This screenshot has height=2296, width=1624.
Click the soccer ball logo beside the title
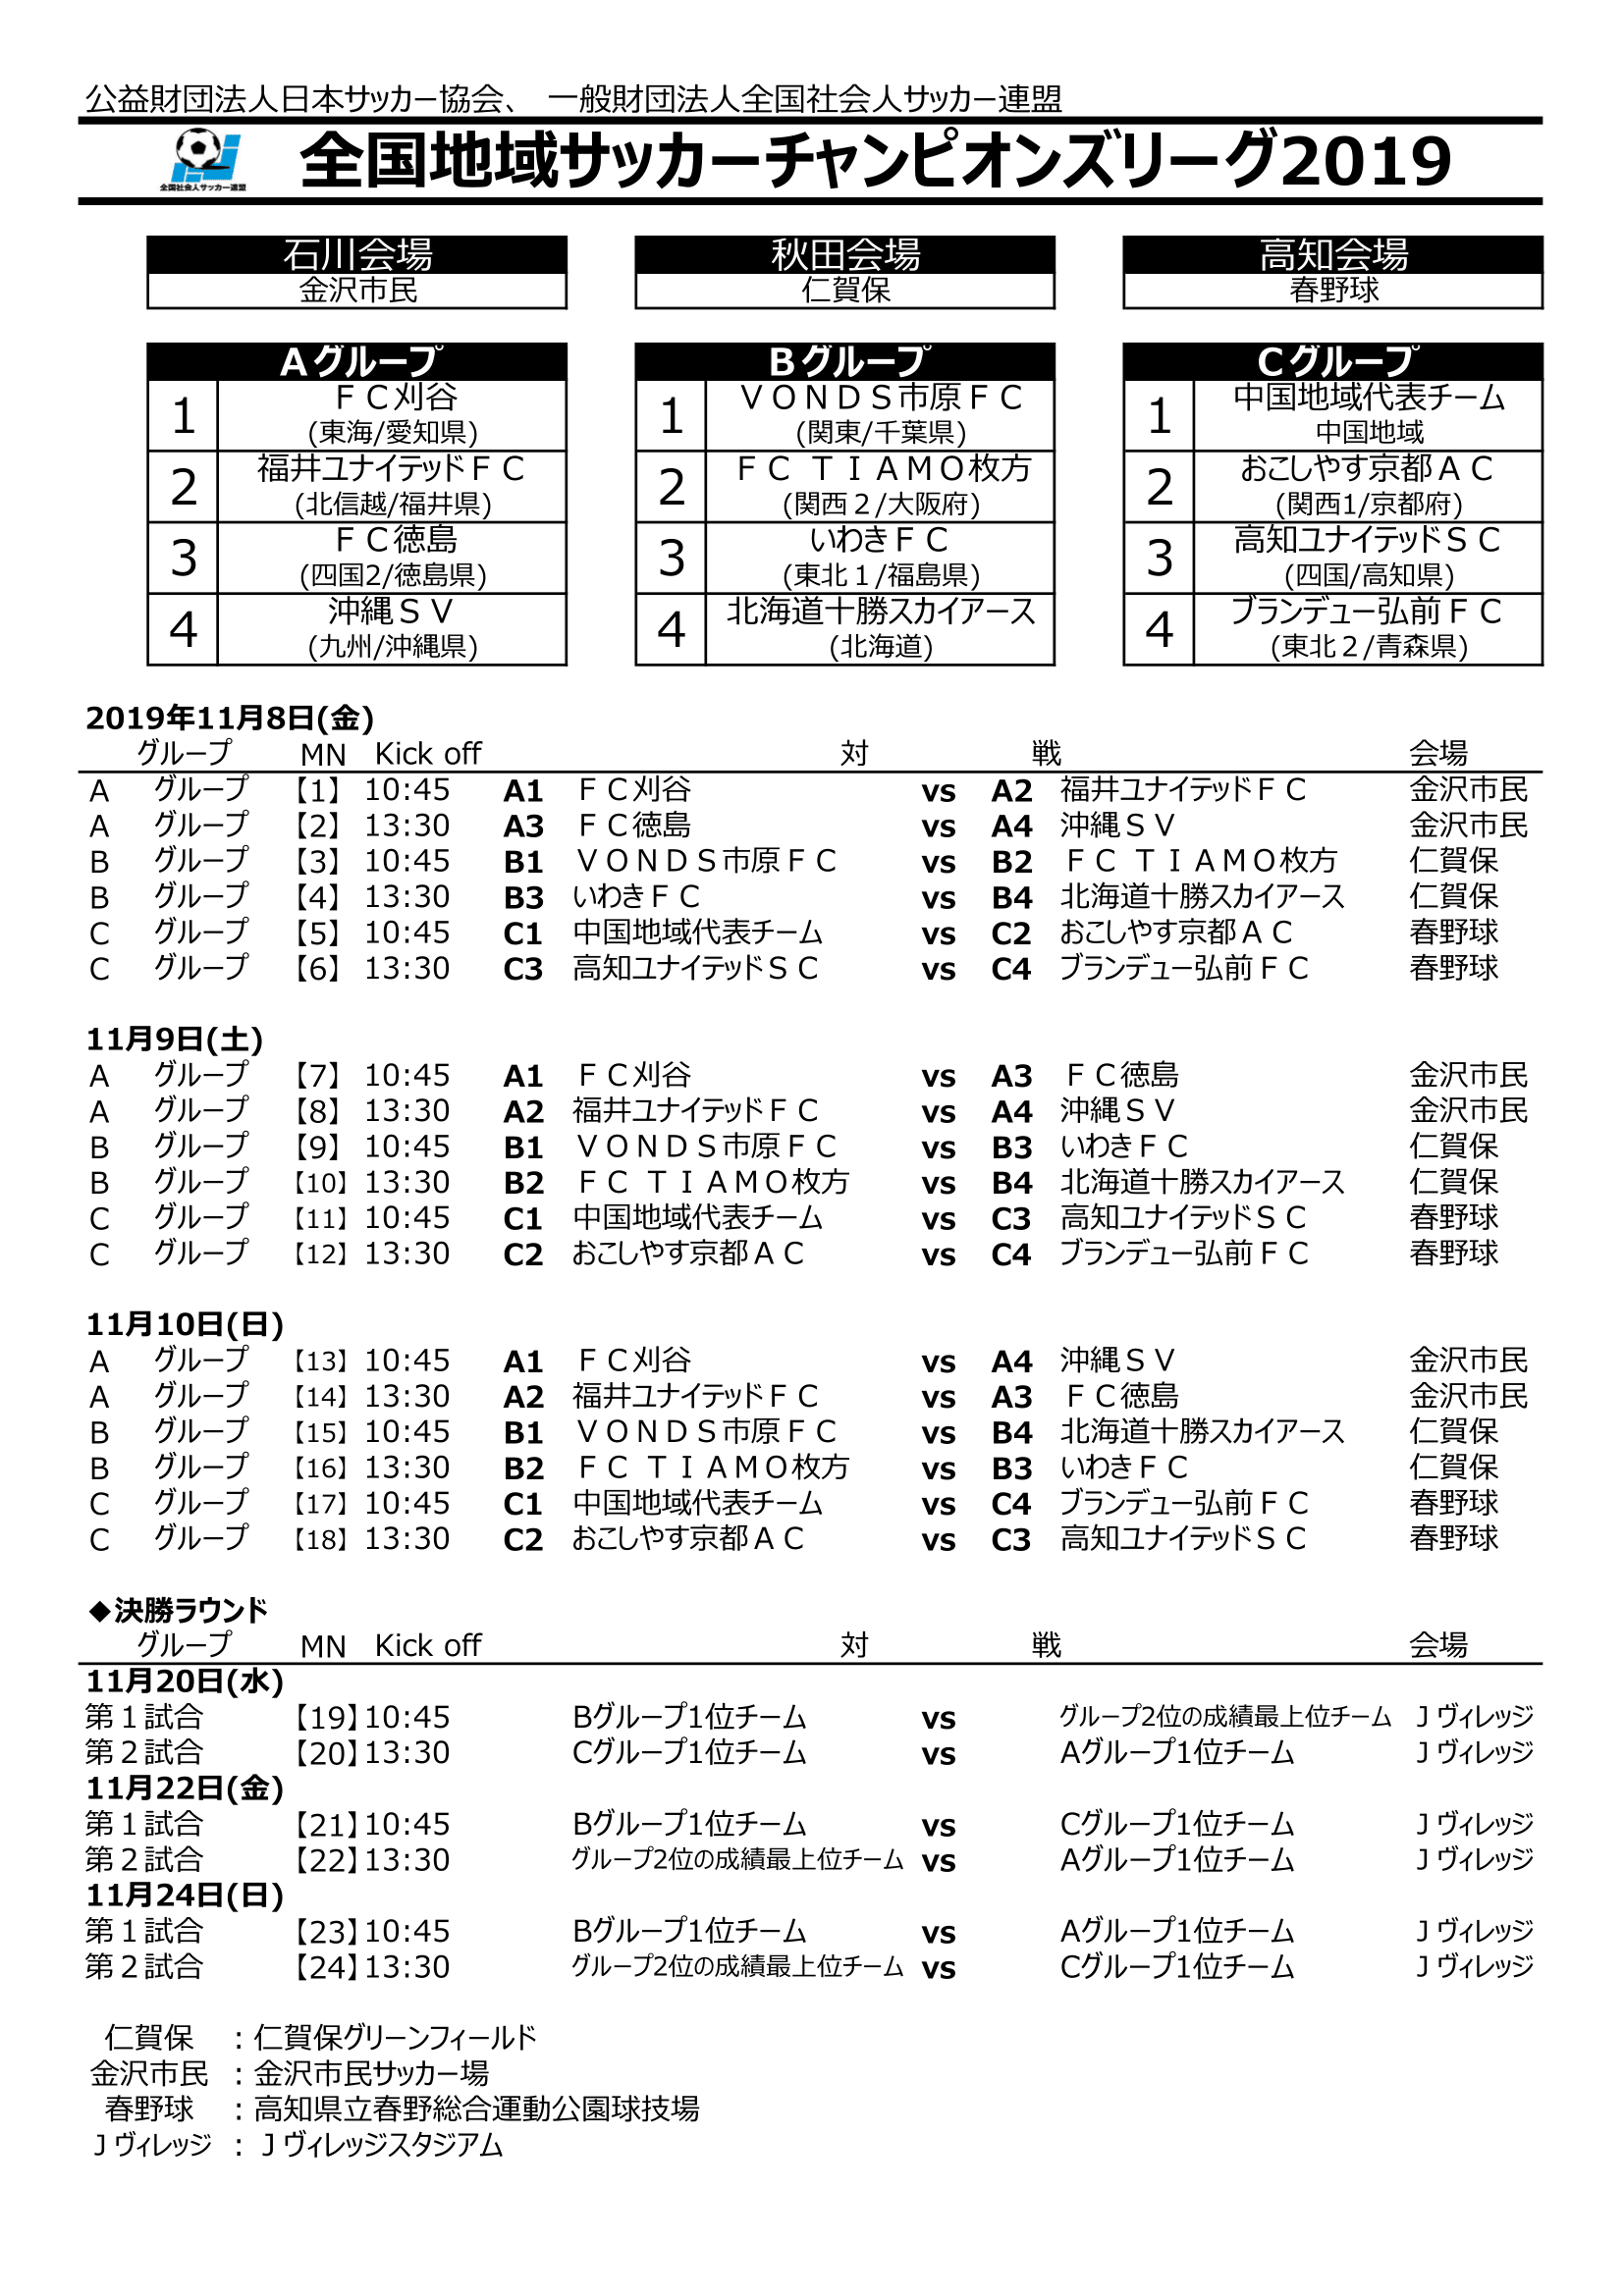point(204,158)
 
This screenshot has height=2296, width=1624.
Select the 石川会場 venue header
point(357,255)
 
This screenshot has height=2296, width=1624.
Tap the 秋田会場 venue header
point(845,255)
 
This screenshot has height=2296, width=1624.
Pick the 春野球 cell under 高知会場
point(1333,291)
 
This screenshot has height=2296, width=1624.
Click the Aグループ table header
point(357,362)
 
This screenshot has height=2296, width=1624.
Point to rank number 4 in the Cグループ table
point(1159,629)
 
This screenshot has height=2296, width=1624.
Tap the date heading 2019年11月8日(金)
point(230,718)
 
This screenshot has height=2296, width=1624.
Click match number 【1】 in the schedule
point(318,791)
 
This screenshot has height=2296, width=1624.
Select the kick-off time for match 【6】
point(407,969)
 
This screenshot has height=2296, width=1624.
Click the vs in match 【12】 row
point(938,1255)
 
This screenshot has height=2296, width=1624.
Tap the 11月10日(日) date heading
point(185,1325)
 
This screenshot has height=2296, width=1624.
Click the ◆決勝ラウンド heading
point(180,1611)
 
